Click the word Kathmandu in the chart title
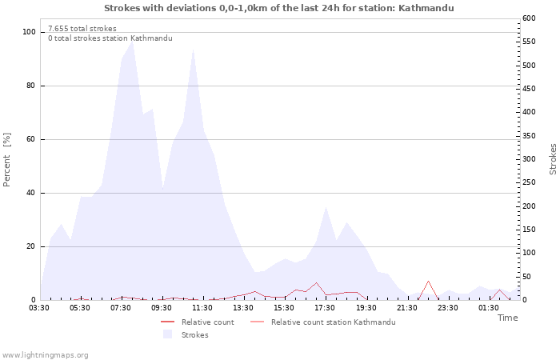point(426,8)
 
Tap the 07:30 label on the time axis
point(121,308)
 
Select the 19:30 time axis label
point(366,308)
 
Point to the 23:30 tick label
point(448,308)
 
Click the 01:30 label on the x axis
point(489,308)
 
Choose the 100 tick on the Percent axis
point(29,32)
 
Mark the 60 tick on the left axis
point(31,139)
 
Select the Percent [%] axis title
point(6,160)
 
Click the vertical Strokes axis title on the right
point(553,159)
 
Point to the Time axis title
point(507,318)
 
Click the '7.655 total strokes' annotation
point(82,29)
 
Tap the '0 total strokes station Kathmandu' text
point(110,38)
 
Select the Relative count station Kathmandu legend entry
point(323,322)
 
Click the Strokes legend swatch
point(167,334)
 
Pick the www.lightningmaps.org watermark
point(45,355)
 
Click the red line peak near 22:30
point(428,281)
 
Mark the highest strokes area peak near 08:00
point(132,41)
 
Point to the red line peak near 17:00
point(316,283)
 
